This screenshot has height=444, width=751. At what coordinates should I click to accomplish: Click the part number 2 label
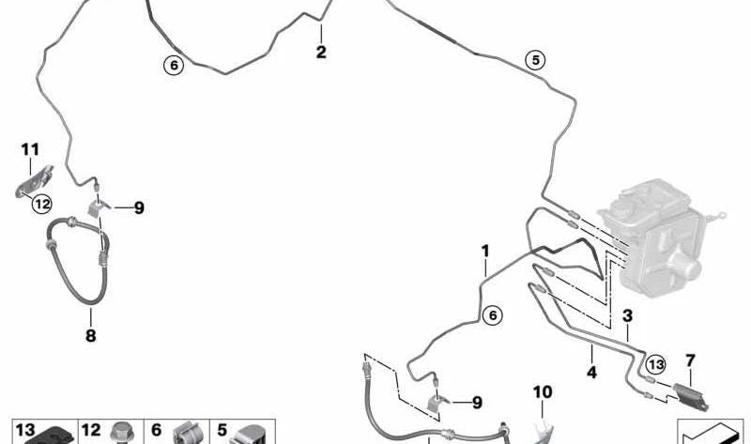[321, 52]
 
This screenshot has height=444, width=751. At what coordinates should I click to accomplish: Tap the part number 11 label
[30, 149]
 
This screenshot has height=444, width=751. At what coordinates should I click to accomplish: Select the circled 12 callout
[42, 205]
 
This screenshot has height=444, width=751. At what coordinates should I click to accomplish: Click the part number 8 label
[90, 335]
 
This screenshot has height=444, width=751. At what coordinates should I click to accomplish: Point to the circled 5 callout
[535, 60]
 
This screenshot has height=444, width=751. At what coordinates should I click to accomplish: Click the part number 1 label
[485, 251]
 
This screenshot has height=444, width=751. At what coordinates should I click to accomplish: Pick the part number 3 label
[627, 315]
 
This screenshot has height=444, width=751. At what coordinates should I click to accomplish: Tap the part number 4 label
[592, 372]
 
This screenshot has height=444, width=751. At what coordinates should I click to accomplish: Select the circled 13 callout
[655, 364]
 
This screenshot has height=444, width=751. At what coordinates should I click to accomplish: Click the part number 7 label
[690, 360]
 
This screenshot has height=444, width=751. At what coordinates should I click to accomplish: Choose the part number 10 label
[543, 392]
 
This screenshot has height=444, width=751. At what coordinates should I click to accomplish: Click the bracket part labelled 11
[35, 181]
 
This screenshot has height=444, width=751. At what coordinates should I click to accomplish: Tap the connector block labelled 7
[691, 396]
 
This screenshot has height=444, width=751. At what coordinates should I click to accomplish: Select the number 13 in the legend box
[25, 430]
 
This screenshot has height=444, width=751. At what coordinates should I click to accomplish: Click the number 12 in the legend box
[91, 430]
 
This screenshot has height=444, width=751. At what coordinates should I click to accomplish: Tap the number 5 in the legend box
[222, 430]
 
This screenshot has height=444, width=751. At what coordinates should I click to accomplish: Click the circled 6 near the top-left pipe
[174, 64]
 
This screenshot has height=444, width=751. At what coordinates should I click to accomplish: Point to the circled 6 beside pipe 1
[492, 315]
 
